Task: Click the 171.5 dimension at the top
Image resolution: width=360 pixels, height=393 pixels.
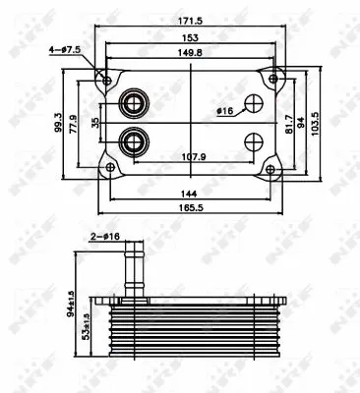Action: coord(192,22)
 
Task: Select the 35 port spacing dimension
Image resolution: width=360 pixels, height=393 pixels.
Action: coord(94,125)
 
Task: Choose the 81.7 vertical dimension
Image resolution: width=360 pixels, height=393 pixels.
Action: coord(286,125)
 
